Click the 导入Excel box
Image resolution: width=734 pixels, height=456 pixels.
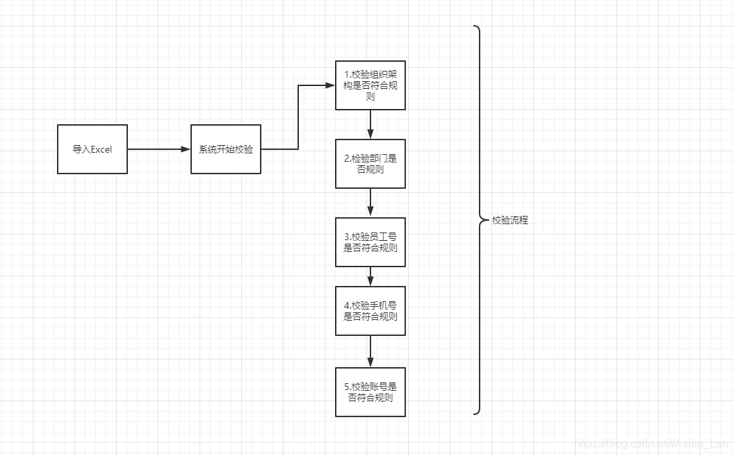tap(92, 149)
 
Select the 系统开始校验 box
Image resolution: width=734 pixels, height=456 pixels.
tap(226, 149)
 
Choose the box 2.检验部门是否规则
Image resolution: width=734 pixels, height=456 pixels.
tap(370, 164)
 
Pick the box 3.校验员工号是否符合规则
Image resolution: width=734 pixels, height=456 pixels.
tap(370, 242)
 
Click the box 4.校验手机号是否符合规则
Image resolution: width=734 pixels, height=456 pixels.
tap(370, 310)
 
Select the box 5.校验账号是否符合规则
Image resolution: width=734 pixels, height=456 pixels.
tap(370, 392)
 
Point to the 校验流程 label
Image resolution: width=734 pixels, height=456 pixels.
tap(510, 220)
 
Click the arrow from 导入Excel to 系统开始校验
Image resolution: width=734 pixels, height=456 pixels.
tap(159, 149)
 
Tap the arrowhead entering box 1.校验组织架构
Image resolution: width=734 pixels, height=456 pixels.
tap(330, 85)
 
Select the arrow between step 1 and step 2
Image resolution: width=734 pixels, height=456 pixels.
tap(370, 125)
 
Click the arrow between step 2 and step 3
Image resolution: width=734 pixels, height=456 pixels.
tap(370, 203)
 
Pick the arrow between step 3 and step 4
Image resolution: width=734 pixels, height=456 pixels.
tap(370, 276)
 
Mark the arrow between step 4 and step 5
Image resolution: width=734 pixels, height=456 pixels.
tap(370, 351)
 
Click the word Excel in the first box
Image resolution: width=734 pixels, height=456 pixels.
tap(101, 149)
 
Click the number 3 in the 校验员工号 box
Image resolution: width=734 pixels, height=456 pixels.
tap(346, 237)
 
